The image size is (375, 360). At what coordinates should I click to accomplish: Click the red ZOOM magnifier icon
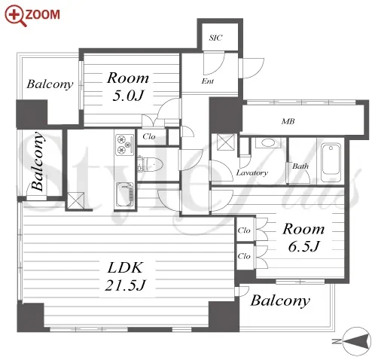tap(16, 16)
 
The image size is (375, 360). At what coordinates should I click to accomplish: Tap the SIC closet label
tap(215, 38)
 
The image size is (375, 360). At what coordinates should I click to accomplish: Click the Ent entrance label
tap(208, 81)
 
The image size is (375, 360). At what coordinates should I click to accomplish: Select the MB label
tap(288, 121)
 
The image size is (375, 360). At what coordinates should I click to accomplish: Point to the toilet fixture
tap(150, 164)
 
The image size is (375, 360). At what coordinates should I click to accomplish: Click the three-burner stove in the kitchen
tap(124, 145)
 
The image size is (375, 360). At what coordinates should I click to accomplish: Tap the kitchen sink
tap(125, 195)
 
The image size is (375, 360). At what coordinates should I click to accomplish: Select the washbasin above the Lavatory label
tap(269, 143)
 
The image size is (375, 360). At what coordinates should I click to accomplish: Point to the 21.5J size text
tap(125, 285)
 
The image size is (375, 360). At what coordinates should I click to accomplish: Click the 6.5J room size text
tap(303, 246)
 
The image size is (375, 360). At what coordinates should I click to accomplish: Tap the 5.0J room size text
tap(128, 95)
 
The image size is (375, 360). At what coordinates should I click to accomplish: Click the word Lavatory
tap(252, 172)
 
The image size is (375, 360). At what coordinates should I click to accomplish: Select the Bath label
tap(300, 166)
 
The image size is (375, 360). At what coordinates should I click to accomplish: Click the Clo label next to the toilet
tap(149, 136)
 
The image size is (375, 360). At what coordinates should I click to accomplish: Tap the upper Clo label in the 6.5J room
tap(244, 230)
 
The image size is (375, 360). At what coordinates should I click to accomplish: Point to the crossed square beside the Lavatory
tap(226, 142)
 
